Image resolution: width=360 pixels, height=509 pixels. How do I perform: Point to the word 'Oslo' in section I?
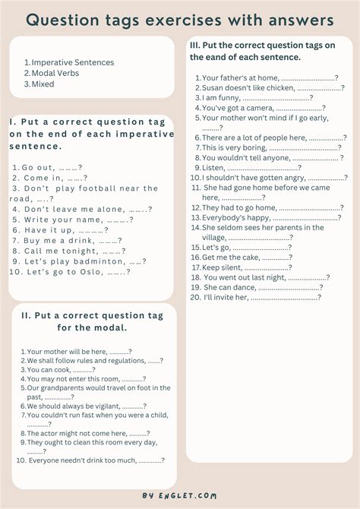pos(87,271)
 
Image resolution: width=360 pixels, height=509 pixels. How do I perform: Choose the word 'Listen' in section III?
pos(213,167)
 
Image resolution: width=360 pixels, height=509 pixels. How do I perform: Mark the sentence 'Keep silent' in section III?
pos(223,267)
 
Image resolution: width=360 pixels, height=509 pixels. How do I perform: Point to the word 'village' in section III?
pos(214,237)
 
